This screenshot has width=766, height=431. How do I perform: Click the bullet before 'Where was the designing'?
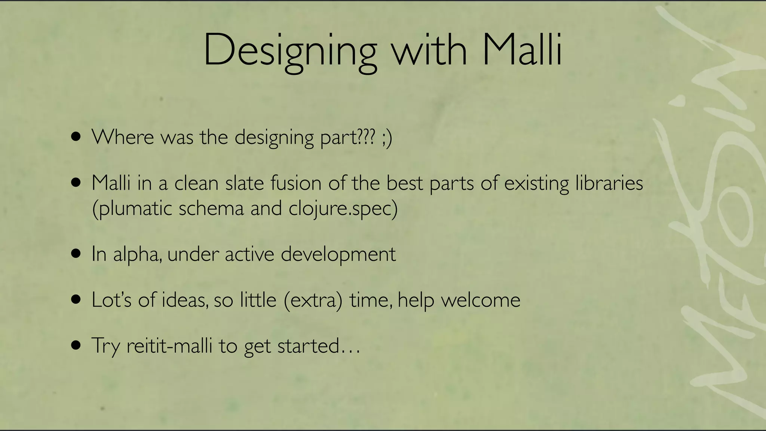pos(76,137)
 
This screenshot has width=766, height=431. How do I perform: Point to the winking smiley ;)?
pos(387,138)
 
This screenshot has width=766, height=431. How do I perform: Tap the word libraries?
pos(609,183)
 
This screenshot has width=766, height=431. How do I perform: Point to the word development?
pos(338,255)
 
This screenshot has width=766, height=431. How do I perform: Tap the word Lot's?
pos(111,300)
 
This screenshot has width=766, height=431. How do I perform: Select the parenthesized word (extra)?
pos(313,300)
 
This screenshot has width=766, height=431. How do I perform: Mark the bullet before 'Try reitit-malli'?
pos(76,346)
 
